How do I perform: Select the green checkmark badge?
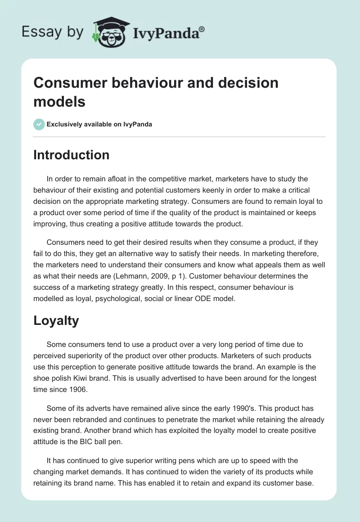tap(39, 124)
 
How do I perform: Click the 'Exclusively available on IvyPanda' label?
tap(99, 124)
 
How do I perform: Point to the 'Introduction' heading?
tap(72, 155)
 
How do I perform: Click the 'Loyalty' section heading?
tap(56, 320)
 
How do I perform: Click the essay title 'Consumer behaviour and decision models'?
tap(156, 92)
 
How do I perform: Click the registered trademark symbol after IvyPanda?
tap(202, 28)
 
